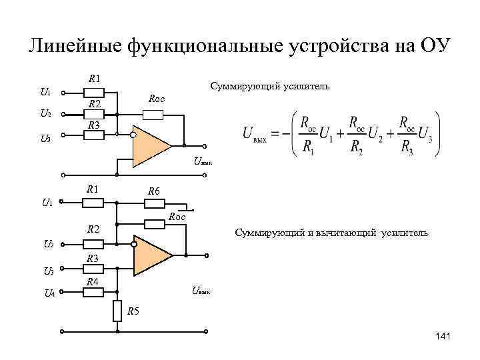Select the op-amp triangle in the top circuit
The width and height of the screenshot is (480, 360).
(150, 145)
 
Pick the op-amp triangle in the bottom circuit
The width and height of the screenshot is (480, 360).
(153, 255)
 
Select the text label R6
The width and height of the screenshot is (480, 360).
(154, 191)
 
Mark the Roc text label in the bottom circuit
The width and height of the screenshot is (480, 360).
(177, 217)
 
